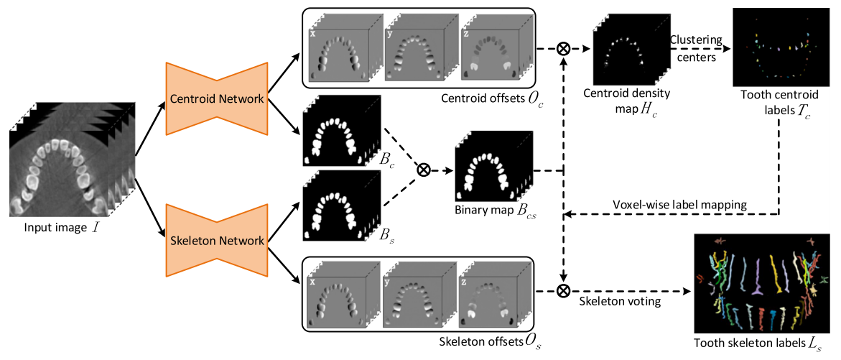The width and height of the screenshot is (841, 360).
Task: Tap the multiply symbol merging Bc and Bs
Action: point(424,170)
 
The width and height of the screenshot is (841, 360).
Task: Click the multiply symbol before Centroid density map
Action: point(564,50)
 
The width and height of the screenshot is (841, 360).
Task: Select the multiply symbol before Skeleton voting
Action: point(564,290)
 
